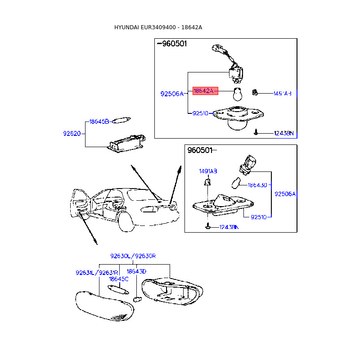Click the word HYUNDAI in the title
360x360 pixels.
click(126, 27)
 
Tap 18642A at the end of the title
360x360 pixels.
click(192, 27)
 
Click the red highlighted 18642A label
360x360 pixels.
click(205, 91)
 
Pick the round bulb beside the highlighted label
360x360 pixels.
click(238, 95)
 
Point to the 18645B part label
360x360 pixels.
click(99, 121)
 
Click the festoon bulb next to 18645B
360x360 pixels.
click(121, 120)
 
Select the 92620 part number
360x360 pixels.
click(72, 134)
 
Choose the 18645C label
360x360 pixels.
click(119, 279)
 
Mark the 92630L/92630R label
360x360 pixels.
click(133, 256)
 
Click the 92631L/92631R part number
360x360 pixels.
click(97, 273)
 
